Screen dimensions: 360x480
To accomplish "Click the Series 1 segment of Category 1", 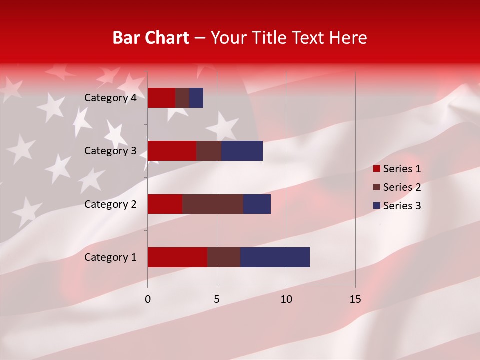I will tap(177, 257).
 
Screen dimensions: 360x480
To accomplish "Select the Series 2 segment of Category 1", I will tap(224, 257).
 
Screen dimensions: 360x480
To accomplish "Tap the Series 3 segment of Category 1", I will tap(275, 257).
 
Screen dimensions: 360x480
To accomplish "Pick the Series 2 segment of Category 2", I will tap(213, 204).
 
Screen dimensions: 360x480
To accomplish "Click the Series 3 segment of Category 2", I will tap(257, 204).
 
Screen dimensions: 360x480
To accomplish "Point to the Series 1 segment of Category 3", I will tap(172, 151).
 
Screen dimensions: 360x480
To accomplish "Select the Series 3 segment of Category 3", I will tap(242, 151).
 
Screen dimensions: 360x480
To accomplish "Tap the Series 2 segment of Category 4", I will tap(182, 98).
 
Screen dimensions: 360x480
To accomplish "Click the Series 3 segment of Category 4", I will tap(196, 98).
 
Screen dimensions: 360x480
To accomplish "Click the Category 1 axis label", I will tap(110, 257).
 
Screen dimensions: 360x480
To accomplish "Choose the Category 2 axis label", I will tap(110, 204).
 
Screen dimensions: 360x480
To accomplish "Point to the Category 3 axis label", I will tap(110, 151).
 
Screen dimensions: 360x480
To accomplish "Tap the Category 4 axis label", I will tap(110, 98).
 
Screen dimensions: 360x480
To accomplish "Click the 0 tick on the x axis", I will tap(148, 299).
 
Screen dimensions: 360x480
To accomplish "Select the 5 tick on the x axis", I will tap(217, 299).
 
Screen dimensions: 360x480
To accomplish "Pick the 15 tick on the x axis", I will tap(355, 299).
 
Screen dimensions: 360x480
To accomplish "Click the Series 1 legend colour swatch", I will tap(377, 169).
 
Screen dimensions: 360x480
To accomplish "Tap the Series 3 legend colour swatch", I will tap(377, 206).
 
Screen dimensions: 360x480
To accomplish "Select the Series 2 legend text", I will tap(402, 187).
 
